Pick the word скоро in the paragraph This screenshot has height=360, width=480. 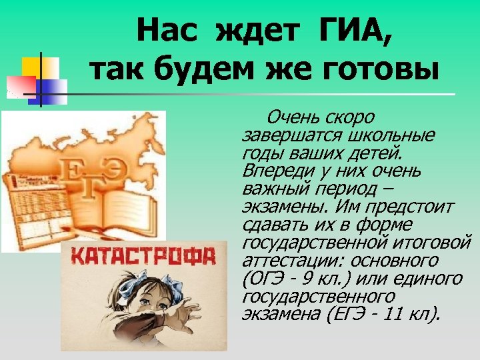coord(350,119)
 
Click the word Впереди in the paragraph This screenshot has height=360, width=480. coord(267,171)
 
